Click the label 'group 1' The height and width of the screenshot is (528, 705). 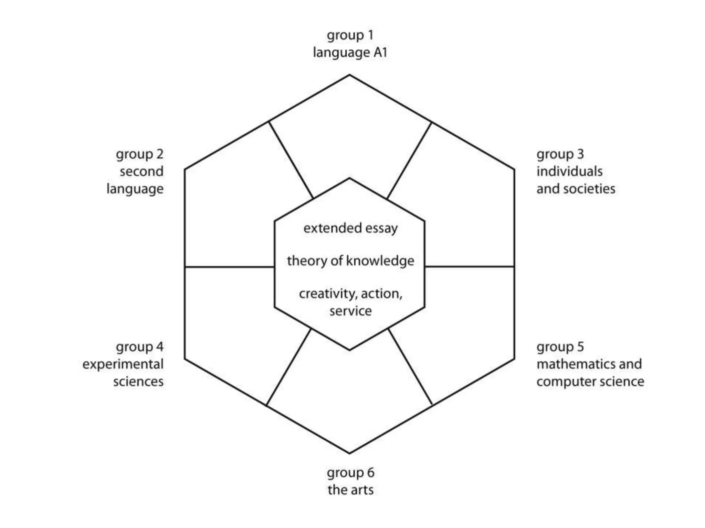point(350,35)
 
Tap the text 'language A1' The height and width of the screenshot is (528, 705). point(350,53)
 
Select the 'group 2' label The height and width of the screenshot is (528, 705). point(139,154)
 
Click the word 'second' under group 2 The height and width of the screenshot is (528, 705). point(141,171)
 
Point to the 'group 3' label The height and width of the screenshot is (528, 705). point(560,154)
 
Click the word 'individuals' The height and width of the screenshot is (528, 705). point(569,171)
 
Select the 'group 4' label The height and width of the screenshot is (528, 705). point(139,347)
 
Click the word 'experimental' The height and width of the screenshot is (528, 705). point(123,364)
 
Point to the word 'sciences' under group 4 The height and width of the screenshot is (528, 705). point(138,382)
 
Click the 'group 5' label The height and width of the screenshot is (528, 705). point(560,347)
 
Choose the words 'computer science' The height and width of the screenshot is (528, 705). point(590,382)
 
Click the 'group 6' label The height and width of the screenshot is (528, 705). point(350,473)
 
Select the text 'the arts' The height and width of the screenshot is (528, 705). point(350,490)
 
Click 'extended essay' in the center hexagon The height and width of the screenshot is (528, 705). point(350,228)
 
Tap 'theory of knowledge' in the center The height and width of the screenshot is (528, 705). point(350,261)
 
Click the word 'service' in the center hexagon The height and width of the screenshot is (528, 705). point(350,311)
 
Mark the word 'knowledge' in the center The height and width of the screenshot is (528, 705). point(380,261)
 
